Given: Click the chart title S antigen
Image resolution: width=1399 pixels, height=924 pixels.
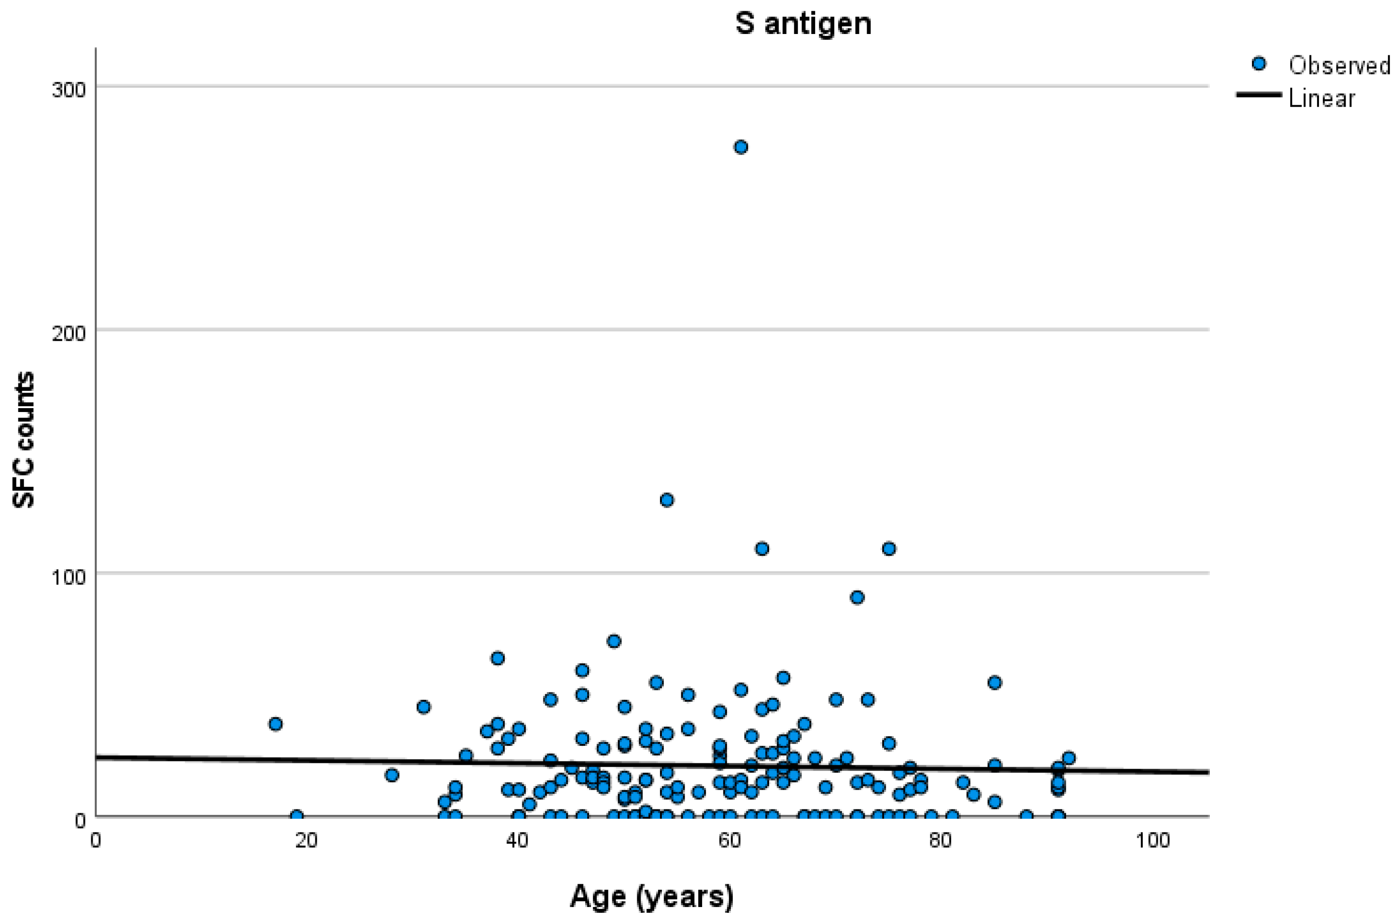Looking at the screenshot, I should pos(803,24).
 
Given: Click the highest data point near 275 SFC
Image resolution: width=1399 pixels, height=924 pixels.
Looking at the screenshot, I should pos(741,147).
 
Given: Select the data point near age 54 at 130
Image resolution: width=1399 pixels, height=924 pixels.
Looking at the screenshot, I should pos(666,500).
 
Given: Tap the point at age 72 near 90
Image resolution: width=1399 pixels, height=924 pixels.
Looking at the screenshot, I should pos(857,597).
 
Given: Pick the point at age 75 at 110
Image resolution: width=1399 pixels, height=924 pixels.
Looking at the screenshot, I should pos(889,548).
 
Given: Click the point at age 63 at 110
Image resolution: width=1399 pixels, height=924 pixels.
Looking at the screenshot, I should pos(762,548).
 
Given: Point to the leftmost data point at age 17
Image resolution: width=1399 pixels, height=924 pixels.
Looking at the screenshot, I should pos(275,724).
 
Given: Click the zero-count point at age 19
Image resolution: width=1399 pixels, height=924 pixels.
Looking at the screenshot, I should pos(296,816).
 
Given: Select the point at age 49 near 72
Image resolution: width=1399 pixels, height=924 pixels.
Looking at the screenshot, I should pos(614,641).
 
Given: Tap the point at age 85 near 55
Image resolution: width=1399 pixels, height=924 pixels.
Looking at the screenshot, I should pos(995,682).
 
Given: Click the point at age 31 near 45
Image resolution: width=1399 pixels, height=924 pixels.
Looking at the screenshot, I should pos(423,707).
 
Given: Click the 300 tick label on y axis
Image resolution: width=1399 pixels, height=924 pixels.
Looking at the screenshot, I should pos(68,90).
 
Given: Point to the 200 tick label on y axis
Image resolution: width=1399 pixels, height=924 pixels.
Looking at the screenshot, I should pos(68,333).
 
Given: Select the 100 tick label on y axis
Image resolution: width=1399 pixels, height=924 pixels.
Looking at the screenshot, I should pos(68,577).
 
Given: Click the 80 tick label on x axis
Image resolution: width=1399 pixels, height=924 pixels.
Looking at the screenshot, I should pos(940,840).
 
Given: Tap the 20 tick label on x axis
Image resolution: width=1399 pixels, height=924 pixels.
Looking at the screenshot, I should pos(306,840).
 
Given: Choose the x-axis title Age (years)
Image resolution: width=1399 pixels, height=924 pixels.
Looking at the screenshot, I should pos(652,896).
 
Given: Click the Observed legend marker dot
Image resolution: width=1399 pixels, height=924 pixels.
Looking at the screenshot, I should pos(1258,64).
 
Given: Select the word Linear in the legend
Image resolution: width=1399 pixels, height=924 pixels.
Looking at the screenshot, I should pos(1321,99).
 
